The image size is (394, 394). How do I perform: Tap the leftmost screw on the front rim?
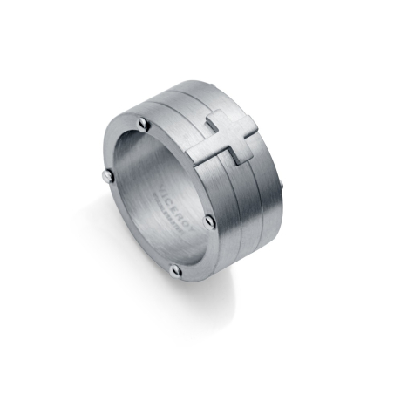[103, 177]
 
